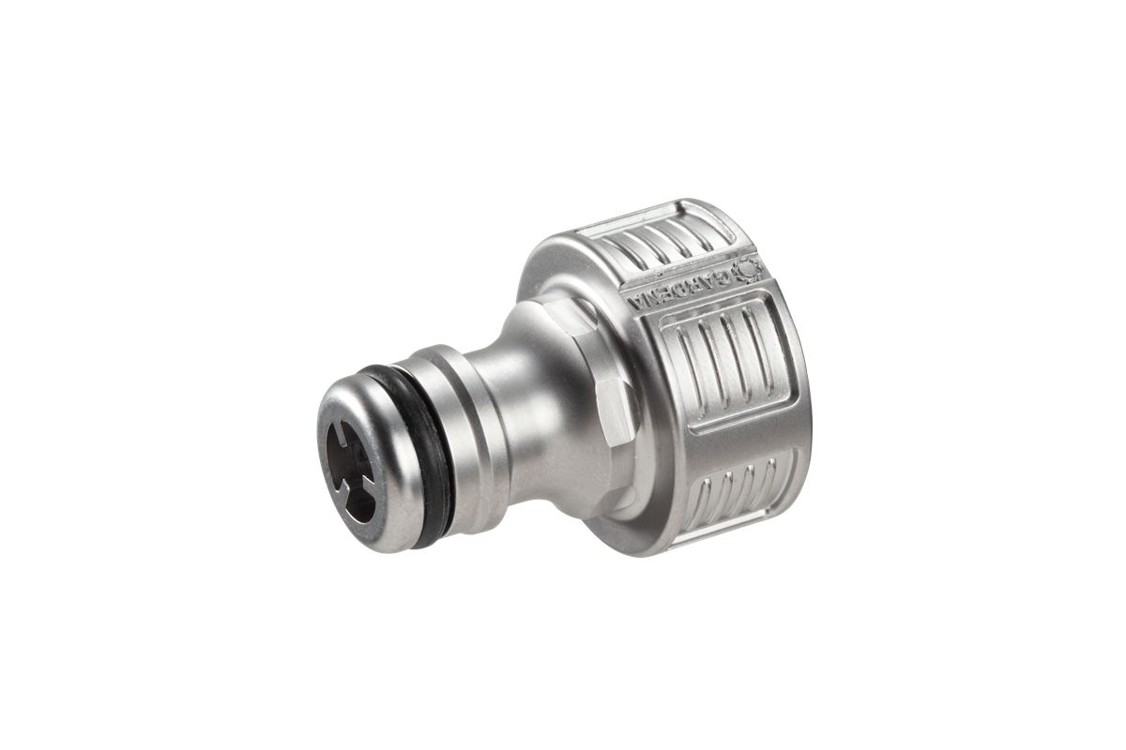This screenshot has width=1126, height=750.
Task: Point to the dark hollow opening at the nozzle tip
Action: [350, 472]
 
